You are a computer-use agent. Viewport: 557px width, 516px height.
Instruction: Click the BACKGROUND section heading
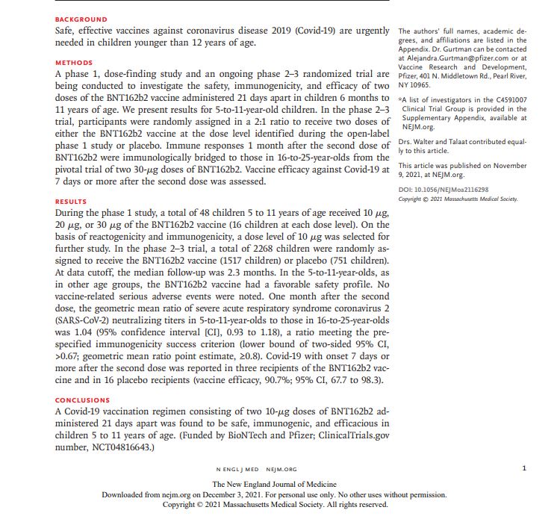pyautogui.click(x=81, y=19)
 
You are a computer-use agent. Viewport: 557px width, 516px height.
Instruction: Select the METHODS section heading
pyautogui.click(x=75, y=63)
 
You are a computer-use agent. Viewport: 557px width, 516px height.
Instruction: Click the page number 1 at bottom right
pyautogui.click(x=524, y=469)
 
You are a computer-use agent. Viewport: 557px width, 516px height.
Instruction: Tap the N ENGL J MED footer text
pyautogui.click(x=238, y=470)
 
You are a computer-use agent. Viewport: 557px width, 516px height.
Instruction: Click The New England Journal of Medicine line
pyautogui.click(x=275, y=484)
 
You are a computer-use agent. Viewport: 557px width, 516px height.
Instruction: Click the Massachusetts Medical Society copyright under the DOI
pyautogui.click(x=458, y=199)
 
